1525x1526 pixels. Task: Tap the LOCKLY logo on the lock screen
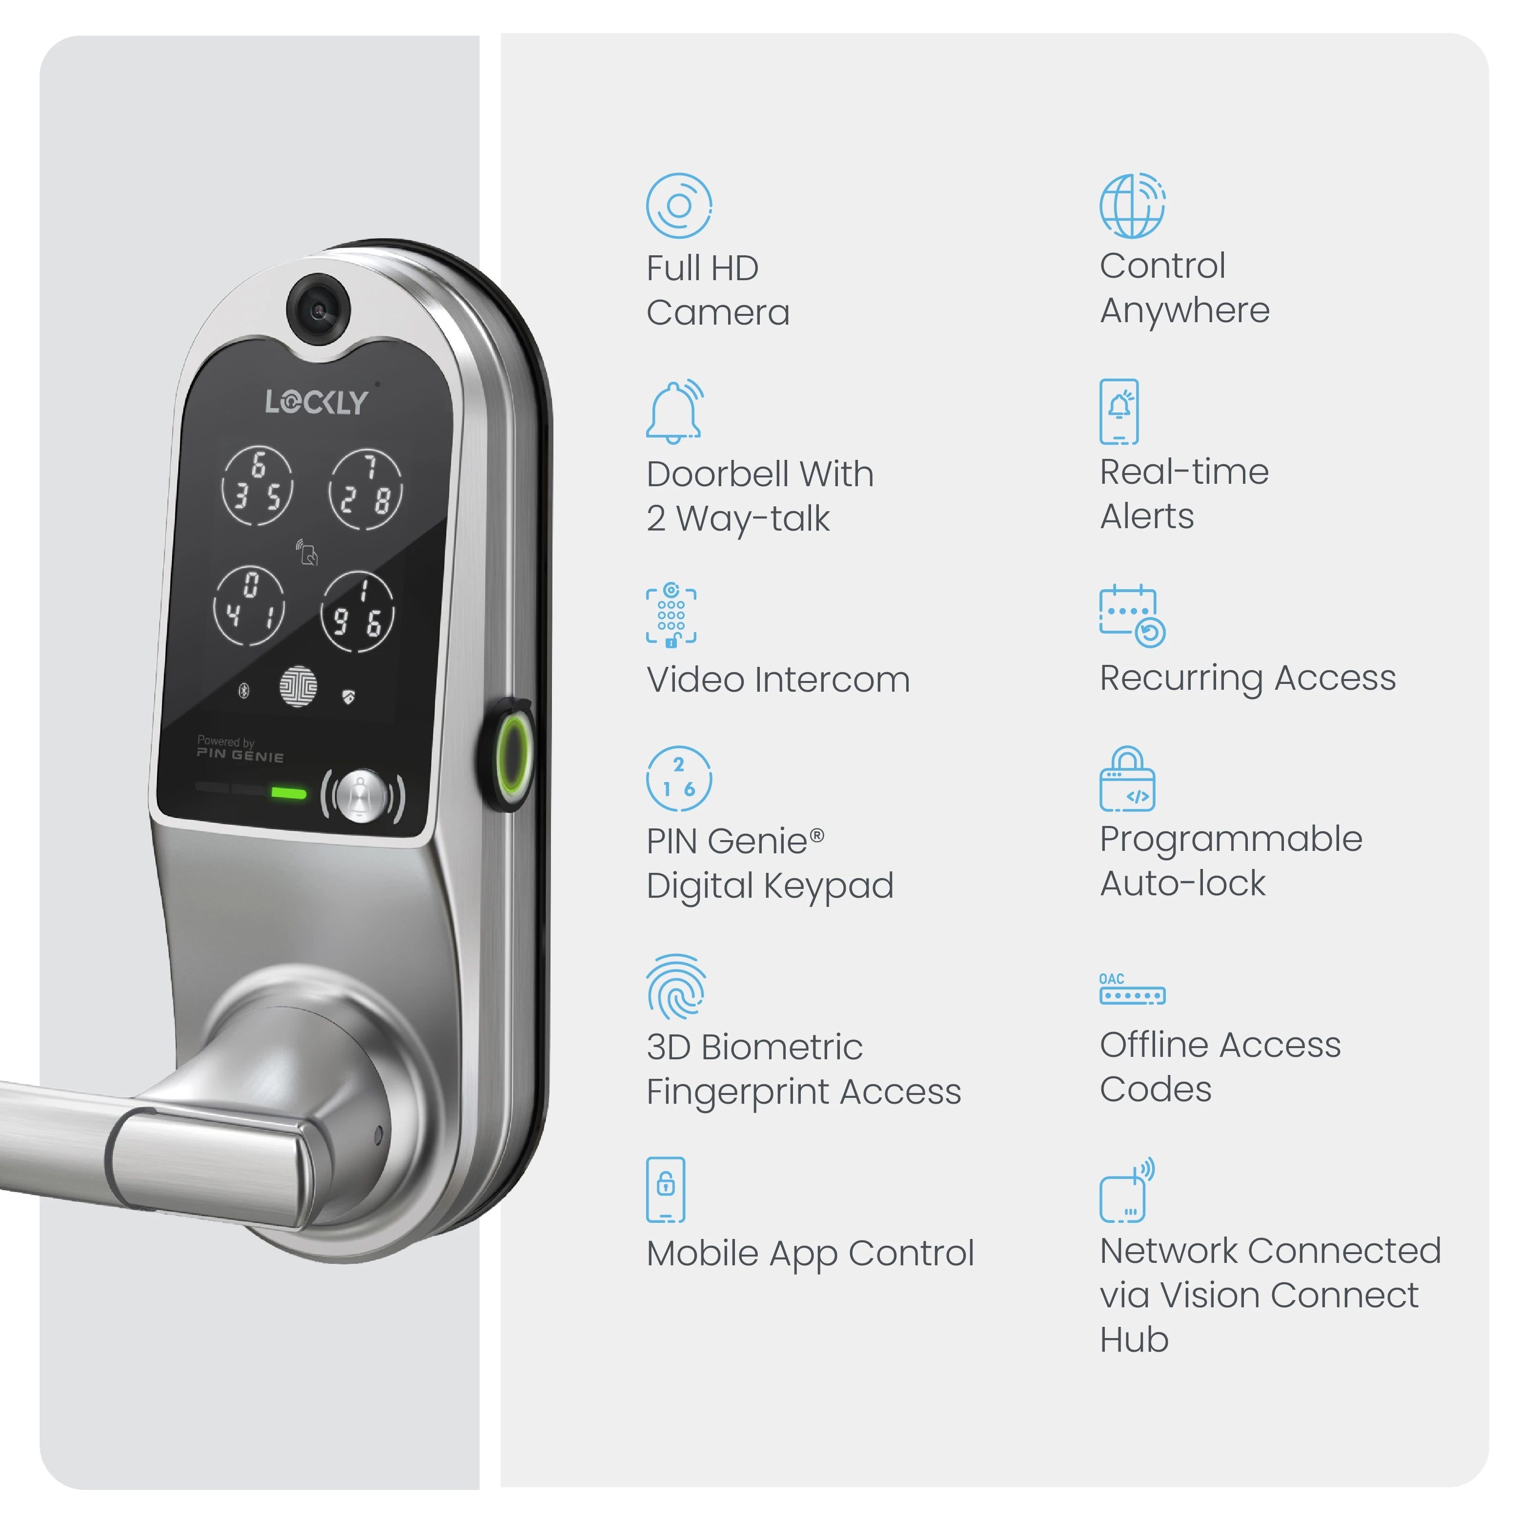coord(317,402)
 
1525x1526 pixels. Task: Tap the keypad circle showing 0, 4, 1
coord(249,605)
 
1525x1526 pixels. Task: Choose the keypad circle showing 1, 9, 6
coord(358,611)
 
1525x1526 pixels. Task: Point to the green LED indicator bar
coord(288,792)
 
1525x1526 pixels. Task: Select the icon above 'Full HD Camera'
coord(678,206)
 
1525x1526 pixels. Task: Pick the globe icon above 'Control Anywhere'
coord(1133,206)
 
